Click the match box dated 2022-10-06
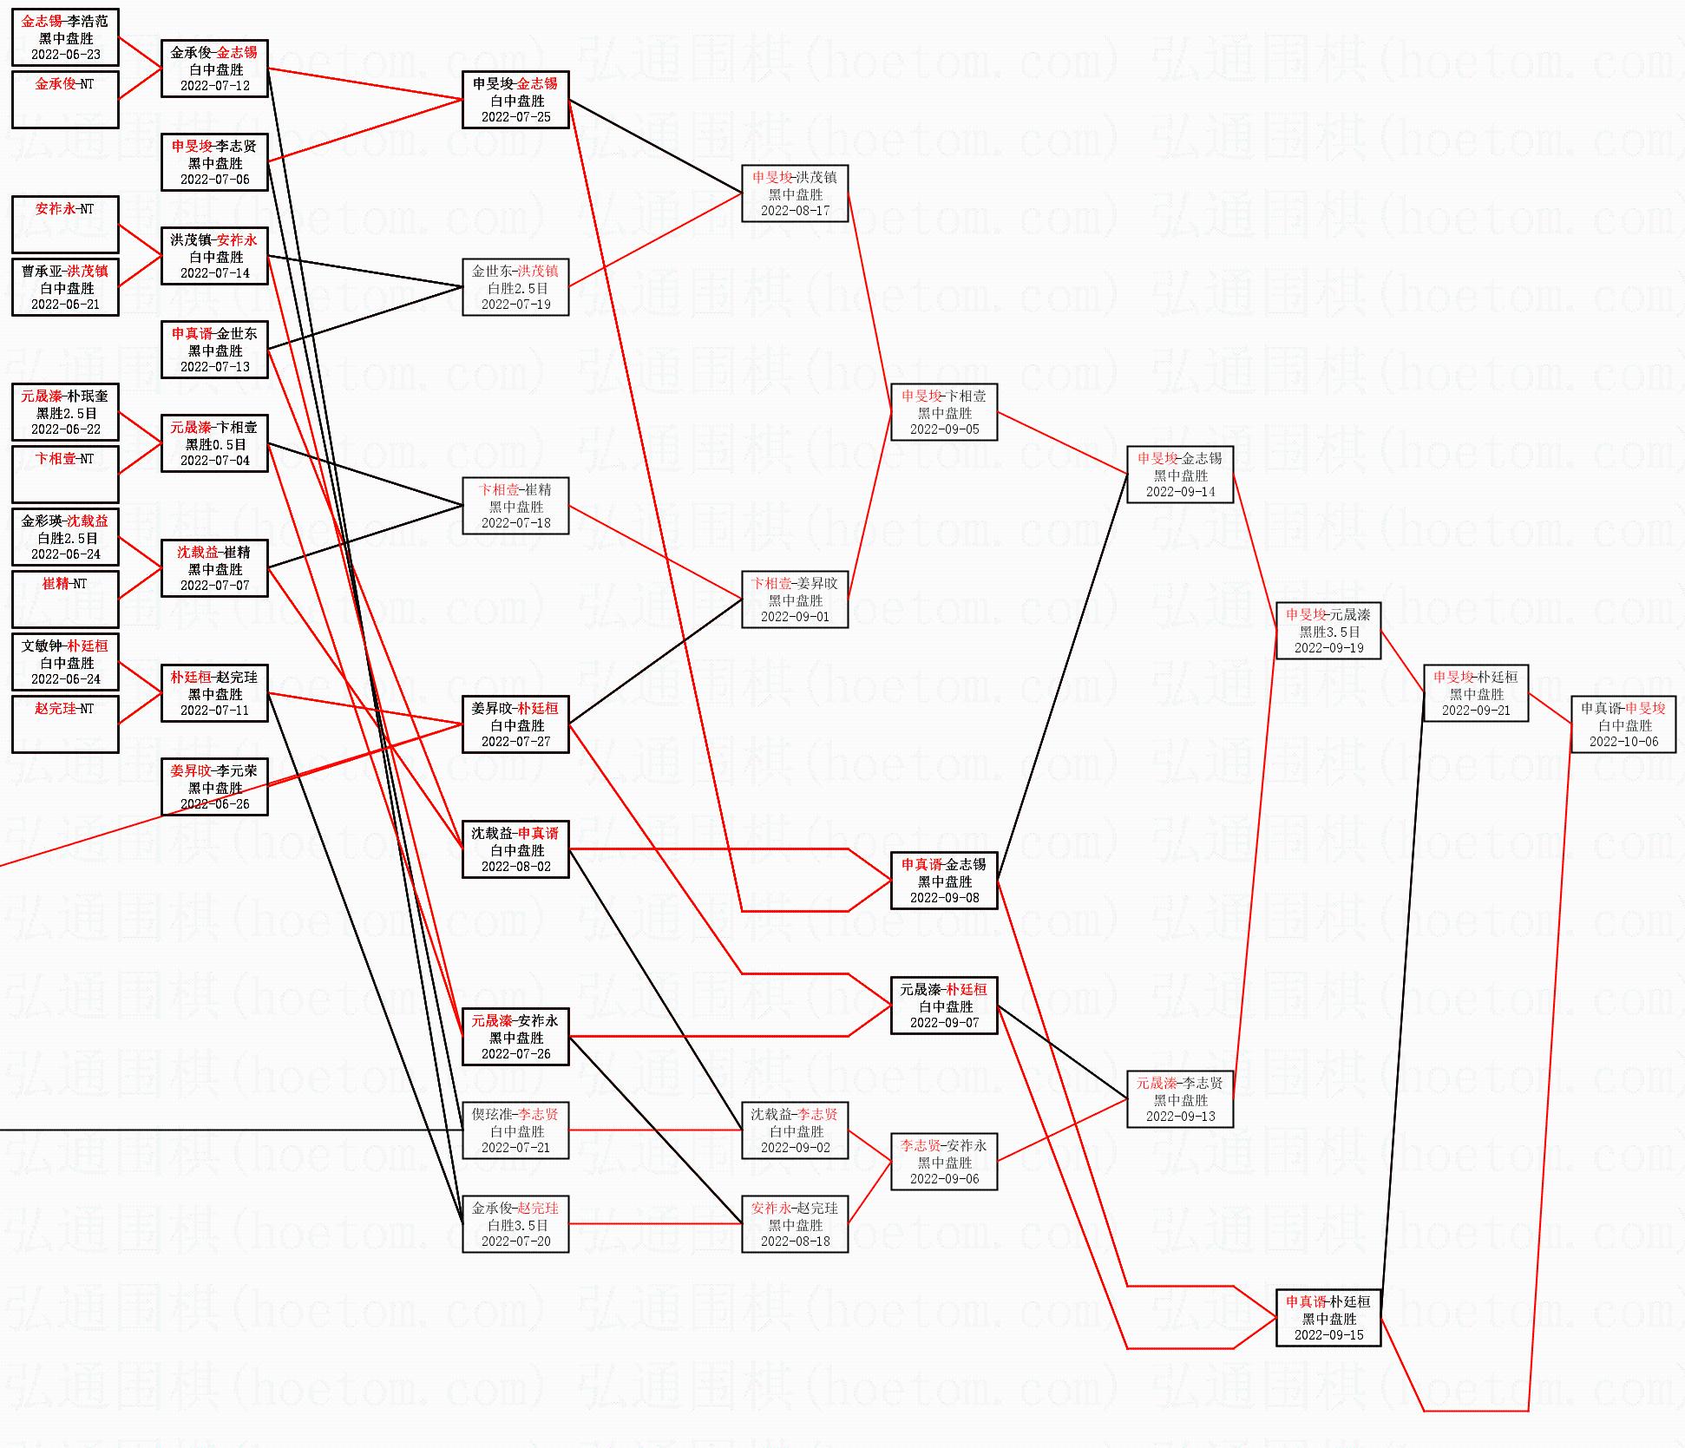[1623, 724]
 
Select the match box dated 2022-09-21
[1476, 693]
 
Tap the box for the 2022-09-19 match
[1328, 631]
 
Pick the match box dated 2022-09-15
[1328, 1318]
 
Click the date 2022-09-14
[1180, 492]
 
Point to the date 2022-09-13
[1180, 1117]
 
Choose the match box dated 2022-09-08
[944, 881]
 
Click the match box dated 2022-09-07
[944, 1006]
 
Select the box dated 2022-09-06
[944, 1162]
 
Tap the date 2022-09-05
[944, 429]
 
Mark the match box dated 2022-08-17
[795, 193]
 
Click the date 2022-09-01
[795, 617]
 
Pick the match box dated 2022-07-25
[515, 100]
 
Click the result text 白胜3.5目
[515, 1225]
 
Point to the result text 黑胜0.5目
[214, 444]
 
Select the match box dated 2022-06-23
[65, 37]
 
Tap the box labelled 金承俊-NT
[65, 100]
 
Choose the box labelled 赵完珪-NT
[65, 724]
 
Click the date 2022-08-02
[515, 867]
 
